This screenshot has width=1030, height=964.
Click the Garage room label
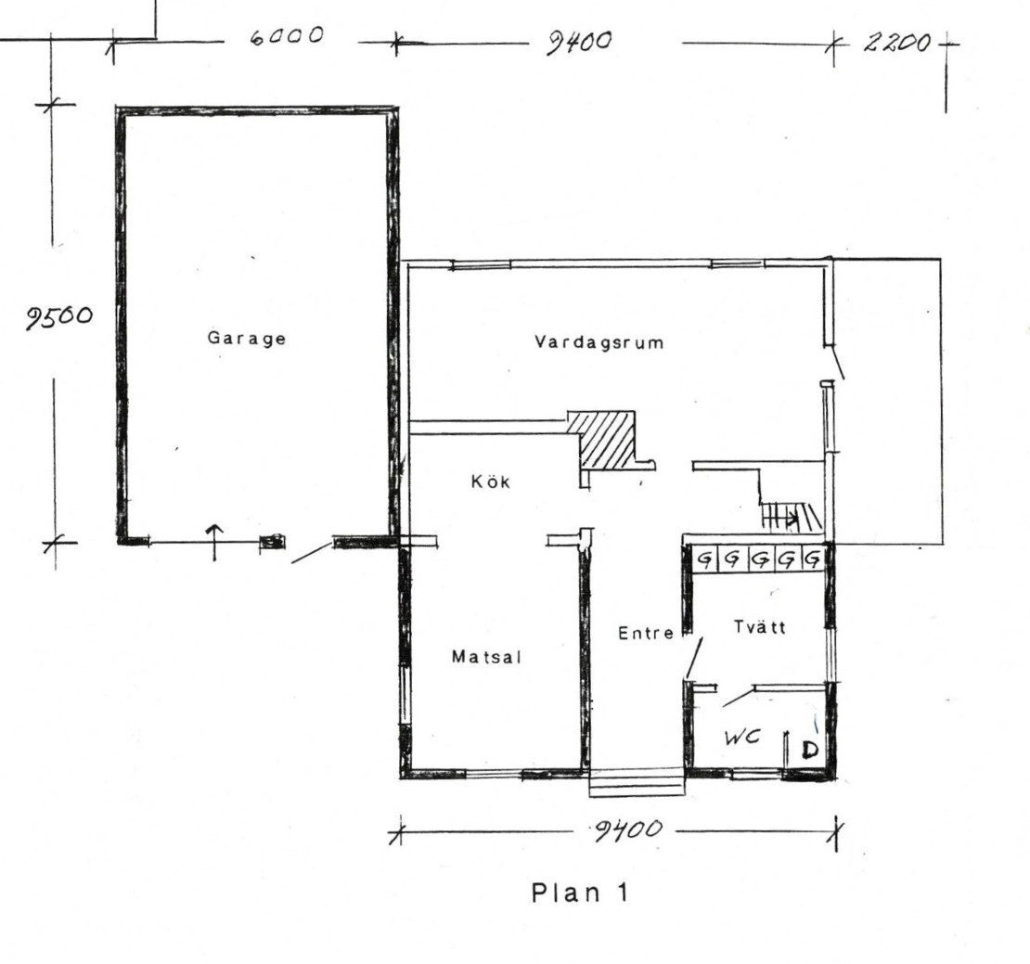[246, 338]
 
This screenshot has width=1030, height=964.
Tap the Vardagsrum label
[599, 342]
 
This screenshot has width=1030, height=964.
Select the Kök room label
[491, 482]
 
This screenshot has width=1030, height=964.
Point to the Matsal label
[486, 657]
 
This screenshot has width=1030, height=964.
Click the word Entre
[646, 633]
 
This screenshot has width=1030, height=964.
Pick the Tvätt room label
[759, 627]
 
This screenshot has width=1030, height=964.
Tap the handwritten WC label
[741, 738]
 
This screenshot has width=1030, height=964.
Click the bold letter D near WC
[810, 749]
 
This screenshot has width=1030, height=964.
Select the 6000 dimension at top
[287, 35]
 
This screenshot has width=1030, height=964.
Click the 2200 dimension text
[896, 44]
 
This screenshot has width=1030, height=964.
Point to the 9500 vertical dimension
[59, 318]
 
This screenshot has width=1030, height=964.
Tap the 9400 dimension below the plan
[627, 830]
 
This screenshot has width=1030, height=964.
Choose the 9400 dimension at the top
[579, 43]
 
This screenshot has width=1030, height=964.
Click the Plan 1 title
[580, 893]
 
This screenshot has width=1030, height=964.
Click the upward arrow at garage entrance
[214, 543]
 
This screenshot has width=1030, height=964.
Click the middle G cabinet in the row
[760, 560]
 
